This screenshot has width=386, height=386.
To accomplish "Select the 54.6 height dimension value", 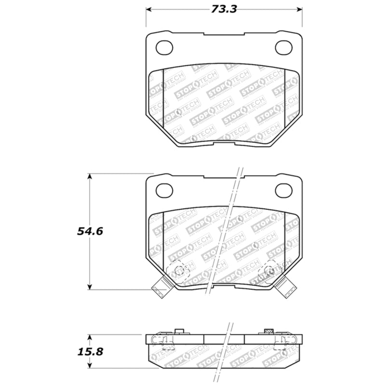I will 89,231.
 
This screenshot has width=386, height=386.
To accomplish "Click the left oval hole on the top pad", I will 165,47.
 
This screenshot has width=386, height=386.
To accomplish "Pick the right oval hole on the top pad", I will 283,47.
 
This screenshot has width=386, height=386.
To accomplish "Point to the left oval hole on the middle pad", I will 165,191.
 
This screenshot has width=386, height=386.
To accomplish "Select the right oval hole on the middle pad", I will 283,191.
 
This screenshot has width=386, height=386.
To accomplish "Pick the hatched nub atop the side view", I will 269,331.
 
